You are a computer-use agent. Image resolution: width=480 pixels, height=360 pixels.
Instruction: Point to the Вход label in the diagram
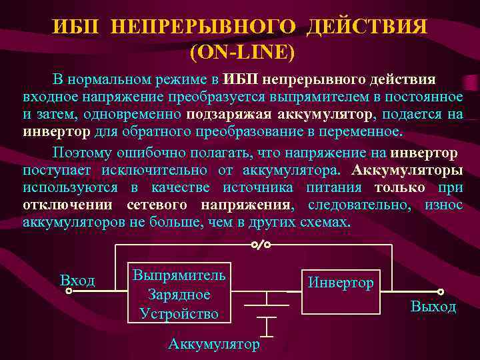(x=77, y=281)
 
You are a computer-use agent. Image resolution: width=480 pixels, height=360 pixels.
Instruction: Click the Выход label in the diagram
(x=433, y=307)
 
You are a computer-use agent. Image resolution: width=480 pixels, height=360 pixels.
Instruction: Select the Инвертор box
(x=340, y=291)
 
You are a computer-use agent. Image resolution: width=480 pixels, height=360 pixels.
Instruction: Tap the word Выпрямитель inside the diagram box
(x=179, y=275)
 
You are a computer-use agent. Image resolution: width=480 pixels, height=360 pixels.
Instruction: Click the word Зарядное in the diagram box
(x=179, y=294)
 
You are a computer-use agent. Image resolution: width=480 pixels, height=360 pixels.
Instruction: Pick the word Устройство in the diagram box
(x=179, y=313)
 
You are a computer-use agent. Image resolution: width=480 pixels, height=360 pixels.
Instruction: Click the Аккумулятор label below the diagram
(x=214, y=344)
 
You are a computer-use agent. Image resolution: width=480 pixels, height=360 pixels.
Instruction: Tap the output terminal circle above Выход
(x=440, y=291)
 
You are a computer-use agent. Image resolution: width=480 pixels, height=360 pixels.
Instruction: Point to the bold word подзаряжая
(x=223, y=113)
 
